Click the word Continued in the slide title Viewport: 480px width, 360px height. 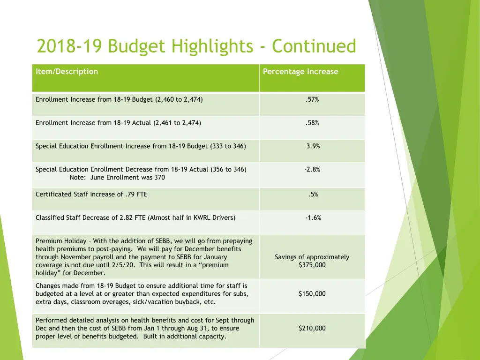[x=314, y=46]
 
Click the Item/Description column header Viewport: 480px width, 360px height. [x=67, y=72]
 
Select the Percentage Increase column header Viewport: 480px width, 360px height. [x=300, y=72]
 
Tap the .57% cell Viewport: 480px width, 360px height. [x=312, y=99]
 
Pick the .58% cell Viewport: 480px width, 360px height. [x=312, y=123]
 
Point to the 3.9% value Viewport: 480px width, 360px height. [x=313, y=146]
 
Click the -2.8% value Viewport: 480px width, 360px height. [x=312, y=169]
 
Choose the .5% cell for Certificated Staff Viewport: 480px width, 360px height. [x=313, y=194]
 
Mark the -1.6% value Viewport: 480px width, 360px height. [x=313, y=217]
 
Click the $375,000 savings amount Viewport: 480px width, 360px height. [x=312, y=265]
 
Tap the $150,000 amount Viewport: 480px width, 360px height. [x=312, y=294]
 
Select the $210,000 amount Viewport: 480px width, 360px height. [x=312, y=328]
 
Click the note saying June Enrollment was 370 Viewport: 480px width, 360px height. [x=117, y=178]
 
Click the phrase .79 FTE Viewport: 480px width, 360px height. [x=136, y=194]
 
